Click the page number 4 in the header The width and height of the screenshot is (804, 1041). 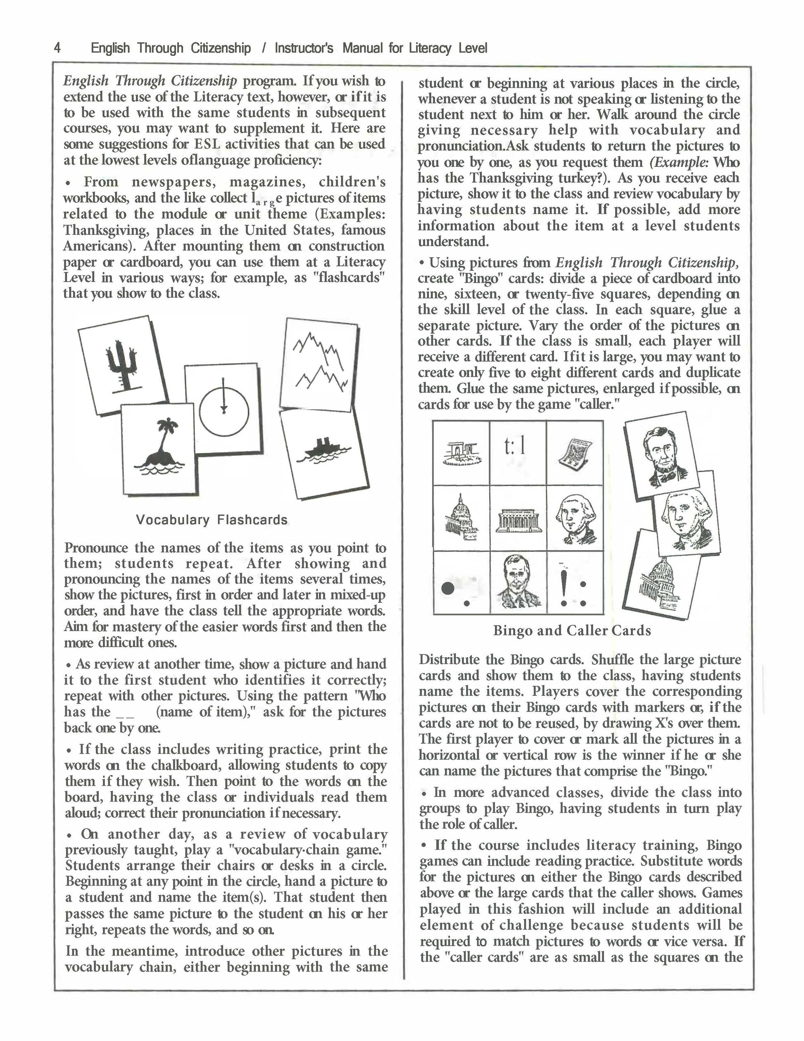[x=57, y=48]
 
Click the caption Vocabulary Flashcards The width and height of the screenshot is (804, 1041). [x=212, y=520]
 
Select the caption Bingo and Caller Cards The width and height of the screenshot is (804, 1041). [x=571, y=630]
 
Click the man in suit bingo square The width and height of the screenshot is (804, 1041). [x=518, y=583]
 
